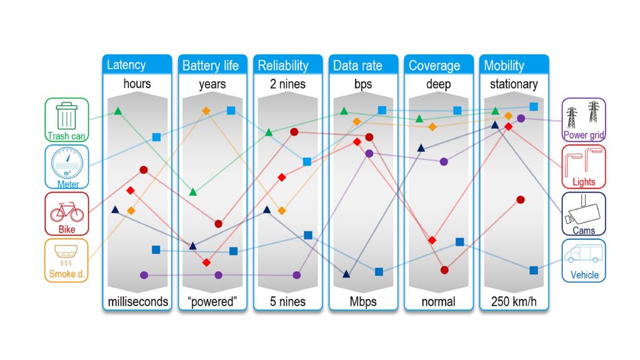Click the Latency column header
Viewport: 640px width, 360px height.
pyautogui.click(x=126, y=65)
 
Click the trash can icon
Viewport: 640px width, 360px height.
pyautogui.click(x=66, y=116)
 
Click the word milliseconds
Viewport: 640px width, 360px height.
pyautogui.click(x=137, y=302)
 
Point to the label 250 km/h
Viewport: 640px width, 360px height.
pyautogui.click(x=514, y=302)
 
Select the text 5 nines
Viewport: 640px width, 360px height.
pyautogui.click(x=287, y=302)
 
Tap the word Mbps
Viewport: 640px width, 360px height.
pyautogui.click(x=363, y=302)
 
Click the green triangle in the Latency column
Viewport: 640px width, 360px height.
pyautogui.click(x=118, y=111)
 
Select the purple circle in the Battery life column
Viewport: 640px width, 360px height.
pyautogui.click(x=218, y=275)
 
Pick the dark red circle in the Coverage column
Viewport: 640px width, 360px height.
pyautogui.click(x=444, y=270)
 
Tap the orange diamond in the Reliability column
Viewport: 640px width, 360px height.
pyautogui.click(x=282, y=211)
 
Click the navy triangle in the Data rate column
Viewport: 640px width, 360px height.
pyautogui.click(x=346, y=274)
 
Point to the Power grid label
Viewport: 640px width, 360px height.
pyautogui.click(x=584, y=135)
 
